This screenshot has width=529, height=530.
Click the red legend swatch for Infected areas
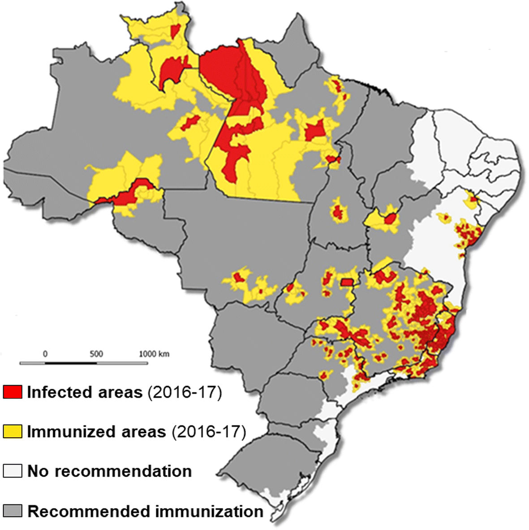tap(12, 392)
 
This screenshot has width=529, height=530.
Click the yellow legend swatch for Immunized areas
tap(12, 431)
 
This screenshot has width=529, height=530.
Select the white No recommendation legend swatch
tap(12, 471)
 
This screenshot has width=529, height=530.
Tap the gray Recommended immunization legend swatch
tap(12, 511)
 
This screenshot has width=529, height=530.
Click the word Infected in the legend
tap(59, 392)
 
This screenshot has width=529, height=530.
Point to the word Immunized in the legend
tap(65, 431)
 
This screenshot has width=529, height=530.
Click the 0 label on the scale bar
tap(45, 354)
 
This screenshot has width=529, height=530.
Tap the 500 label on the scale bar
tap(96, 354)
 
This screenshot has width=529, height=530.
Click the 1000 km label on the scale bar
tap(154, 354)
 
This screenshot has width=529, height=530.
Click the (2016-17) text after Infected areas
tap(184, 392)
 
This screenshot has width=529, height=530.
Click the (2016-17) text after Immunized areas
tap(209, 431)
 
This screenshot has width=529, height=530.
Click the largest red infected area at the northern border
tap(224, 72)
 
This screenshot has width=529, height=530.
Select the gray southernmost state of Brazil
tap(264, 470)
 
